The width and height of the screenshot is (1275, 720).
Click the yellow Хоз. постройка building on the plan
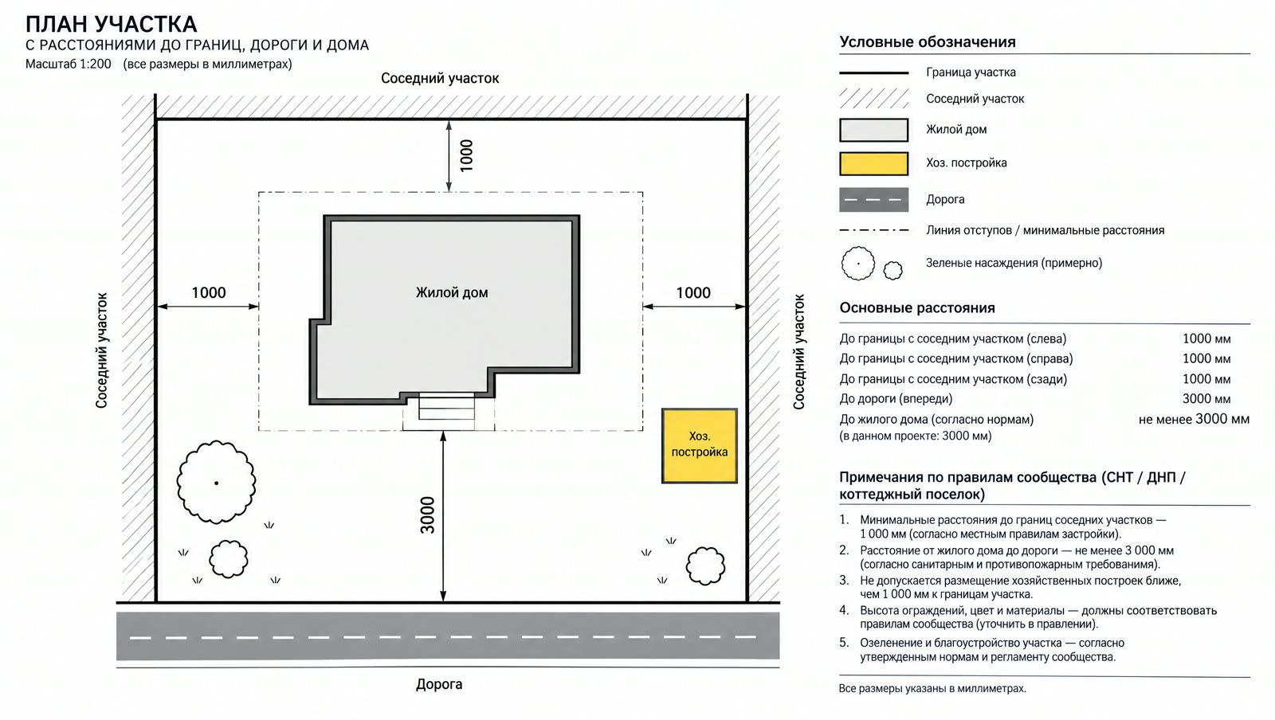(x=700, y=446)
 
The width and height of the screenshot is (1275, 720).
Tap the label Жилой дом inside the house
(x=451, y=293)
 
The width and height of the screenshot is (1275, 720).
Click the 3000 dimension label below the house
(x=427, y=515)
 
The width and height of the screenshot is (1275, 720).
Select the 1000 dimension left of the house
(x=208, y=293)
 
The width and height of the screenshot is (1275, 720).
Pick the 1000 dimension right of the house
(x=693, y=293)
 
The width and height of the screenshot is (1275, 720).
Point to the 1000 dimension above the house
(x=466, y=155)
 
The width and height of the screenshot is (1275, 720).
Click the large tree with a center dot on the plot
(x=216, y=483)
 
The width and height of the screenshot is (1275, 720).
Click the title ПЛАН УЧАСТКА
(x=112, y=25)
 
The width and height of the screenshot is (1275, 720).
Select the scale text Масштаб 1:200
(x=69, y=64)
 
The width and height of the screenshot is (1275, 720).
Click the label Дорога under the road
(x=439, y=684)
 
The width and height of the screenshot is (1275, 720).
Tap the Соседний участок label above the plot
(x=440, y=79)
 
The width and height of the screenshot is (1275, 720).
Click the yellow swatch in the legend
(x=873, y=164)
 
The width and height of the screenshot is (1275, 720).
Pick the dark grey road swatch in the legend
(x=873, y=200)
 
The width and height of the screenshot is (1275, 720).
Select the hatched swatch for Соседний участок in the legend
(x=873, y=99)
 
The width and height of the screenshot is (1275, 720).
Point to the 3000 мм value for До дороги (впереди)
(x=1206, y=399)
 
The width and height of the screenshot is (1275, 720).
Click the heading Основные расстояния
(x=917, y=308)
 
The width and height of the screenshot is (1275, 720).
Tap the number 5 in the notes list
(x=844, y=643)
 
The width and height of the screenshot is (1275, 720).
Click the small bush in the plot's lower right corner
(x=706, y=565)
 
